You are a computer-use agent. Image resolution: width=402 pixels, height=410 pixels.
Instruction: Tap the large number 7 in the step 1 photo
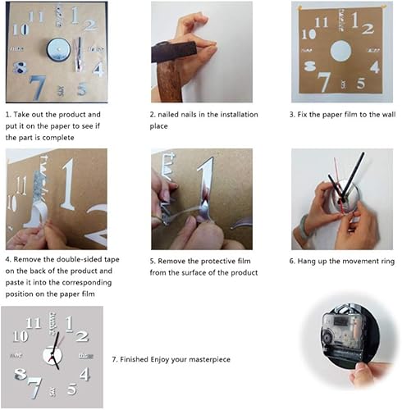coord(37,85)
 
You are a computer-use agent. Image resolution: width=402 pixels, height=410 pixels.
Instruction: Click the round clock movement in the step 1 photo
coord(58,50)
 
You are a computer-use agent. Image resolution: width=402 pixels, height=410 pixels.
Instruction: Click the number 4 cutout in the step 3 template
coord(374,67)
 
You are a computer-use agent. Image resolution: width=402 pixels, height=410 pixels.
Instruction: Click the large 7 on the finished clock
coord(33,385)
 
